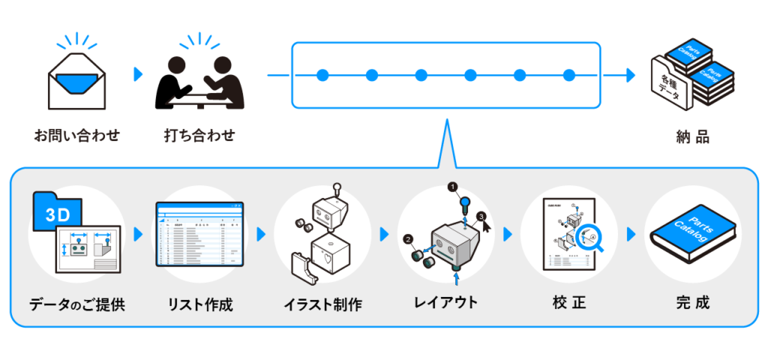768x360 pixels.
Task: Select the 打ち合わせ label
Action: pyautogui.click(x=199, y=136)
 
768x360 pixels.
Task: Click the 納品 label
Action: pyautogui.click(x=692, y=138)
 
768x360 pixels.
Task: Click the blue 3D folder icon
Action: pyautogui.click(x=57, y=214)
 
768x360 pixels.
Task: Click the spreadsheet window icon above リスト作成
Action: pyautogui.click(x=200, y=233)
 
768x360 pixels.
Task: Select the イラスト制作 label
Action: pyautogui.click(x=323, y=304)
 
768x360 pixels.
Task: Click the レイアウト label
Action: pyautogui.click(x=445, y=303)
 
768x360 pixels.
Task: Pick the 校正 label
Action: pyautogui.click(x=568, y=303)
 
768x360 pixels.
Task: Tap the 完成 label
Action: pyautogui.click(x=692, y=303)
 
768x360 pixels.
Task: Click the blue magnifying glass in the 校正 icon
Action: pyautogui.click(x=590, y=235)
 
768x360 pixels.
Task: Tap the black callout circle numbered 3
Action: pyautogui.click(x=481, y=217)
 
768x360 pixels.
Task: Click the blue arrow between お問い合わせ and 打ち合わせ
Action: pyautogui.click(x=137, y=74)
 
